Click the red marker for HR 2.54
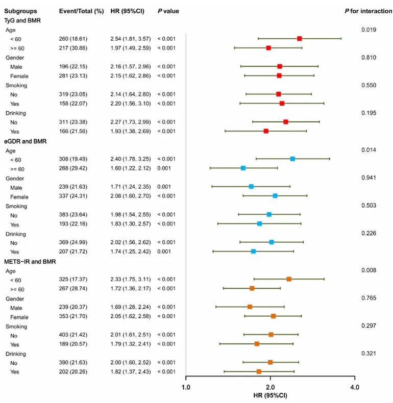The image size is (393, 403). [x=300, y=39]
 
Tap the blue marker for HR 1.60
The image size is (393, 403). [x=243, y=168]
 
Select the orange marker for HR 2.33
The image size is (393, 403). [x=289, y=279]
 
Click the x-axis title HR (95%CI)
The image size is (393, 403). [x=271, y=395]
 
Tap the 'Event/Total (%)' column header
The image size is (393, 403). [x=81, y=11]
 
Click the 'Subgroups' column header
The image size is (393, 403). [x=18, y=11]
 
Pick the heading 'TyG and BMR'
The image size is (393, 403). [x=22, y=20]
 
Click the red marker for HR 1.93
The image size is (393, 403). [x=266, y=131]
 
